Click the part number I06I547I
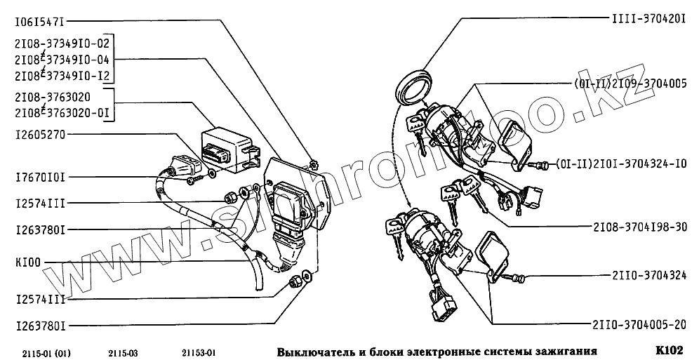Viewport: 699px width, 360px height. (x=40, y=20)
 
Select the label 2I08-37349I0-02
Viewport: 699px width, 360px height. (x=62, y=44)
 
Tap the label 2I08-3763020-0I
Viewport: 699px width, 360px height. (x=62, y=113)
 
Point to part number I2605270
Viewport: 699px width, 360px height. (x=40, y=134)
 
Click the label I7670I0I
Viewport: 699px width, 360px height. (x=40, y=178)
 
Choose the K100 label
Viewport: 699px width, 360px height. (x=27, y=263)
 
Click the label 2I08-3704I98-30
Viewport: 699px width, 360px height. (x=640, y=227)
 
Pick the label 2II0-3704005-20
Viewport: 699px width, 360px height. (x=640, y=325)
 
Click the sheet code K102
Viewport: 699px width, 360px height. (x=669, y=350)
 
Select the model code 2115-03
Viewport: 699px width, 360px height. (x=123, y=353)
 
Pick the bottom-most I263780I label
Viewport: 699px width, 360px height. (x=40, y=326)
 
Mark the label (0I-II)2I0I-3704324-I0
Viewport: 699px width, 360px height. (x=620, y=164)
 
